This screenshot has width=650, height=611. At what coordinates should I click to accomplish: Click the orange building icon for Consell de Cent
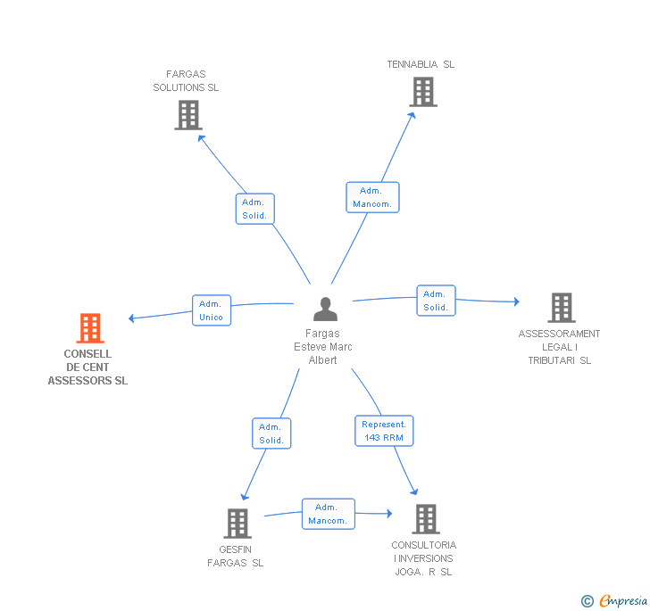click(x=90, y=328)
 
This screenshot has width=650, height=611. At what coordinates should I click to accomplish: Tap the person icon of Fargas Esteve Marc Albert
click(x=326, y=309)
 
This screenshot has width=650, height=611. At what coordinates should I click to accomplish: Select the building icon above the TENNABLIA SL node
click(x=423, y=91)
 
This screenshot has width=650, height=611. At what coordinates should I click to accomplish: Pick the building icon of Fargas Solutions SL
click(x=188, y=114)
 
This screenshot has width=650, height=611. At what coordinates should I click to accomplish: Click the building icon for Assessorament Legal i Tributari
click(x=561, y=308)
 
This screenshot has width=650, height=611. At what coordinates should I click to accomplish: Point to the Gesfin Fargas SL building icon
click(x=237, y=523)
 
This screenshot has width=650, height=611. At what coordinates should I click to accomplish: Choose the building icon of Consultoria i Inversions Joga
click(x=425, y=518)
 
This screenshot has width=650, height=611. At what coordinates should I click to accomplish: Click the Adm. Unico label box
click(x=212, y=310)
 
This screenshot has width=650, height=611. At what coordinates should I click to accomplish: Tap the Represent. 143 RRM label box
click(x=384, y=431)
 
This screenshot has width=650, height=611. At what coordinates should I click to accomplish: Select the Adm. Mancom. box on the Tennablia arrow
click(x=372, y=197)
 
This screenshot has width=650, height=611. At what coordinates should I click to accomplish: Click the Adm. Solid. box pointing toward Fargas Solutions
click(x=255, y=209)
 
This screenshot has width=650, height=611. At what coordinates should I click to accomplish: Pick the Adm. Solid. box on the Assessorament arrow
click(x=436, y=301)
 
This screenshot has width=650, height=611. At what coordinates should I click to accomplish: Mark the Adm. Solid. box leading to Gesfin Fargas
click(x=271, y=433)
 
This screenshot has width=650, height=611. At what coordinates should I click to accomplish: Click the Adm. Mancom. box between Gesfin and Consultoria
click(x=328, y=514)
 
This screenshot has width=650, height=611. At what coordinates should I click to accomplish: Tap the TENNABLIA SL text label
click(x=421, y=64)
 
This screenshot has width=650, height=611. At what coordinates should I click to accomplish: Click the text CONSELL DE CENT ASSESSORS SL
click(x=87, y=367)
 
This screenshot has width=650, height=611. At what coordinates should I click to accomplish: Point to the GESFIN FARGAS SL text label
click(x=236, y=557)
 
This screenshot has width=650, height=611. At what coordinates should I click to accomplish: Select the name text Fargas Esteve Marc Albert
click(x=323, y=347)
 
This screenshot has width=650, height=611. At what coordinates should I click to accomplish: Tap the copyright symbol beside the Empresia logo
click(x=587, y=601)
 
